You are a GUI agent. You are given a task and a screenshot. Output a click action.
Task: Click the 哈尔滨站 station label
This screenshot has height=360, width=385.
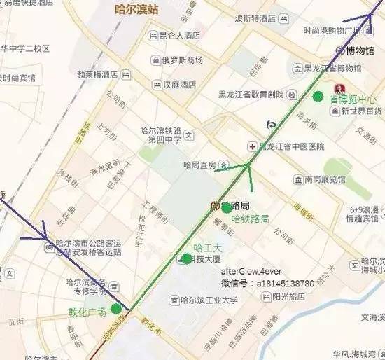tap(138, 11)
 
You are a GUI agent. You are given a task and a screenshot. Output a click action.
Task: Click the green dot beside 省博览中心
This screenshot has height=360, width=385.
tap(318, 96)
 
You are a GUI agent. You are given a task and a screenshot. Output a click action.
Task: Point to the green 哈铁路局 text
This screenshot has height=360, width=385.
tap(250, 219)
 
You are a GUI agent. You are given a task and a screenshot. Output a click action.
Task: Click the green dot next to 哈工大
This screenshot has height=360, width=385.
tap(187, 259)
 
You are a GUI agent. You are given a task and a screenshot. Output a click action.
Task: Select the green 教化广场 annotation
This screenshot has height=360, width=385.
tap(87, 312)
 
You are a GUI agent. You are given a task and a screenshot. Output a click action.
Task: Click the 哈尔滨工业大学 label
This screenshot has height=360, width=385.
tap(209, 300)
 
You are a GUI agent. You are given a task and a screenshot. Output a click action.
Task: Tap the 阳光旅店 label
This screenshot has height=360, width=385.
tap(288, 296)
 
